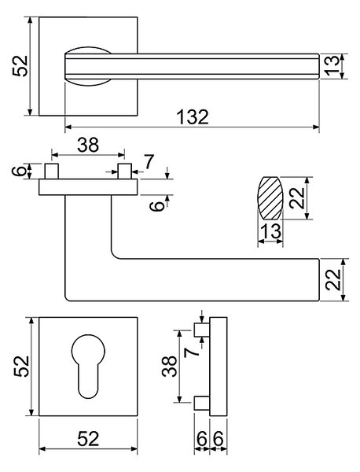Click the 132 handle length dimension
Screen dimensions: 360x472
pos(192,117)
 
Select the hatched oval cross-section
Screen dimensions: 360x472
pos(270,198)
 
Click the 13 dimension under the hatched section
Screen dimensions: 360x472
pos(270,231)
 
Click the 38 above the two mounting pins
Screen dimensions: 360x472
pos(88,145)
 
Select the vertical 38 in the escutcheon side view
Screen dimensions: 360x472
pos(169,366)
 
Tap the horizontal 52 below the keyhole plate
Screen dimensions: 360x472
pos(88,439)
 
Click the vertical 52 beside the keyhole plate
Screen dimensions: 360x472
pos(21,367)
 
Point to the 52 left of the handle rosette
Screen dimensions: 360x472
pos(20,66)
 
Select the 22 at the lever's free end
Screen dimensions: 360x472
pos(333,279)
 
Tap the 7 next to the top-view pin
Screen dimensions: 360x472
pos(149,161)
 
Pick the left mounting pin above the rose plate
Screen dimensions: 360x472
pos(51,171)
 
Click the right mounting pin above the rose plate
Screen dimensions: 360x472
pos(124,171)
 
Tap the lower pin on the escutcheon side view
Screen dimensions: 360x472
pos(202,403)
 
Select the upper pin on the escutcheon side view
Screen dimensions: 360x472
pos(202,330)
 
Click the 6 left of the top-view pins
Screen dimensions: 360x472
pos(19,171)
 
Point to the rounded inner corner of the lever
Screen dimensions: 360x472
pos(116,254)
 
